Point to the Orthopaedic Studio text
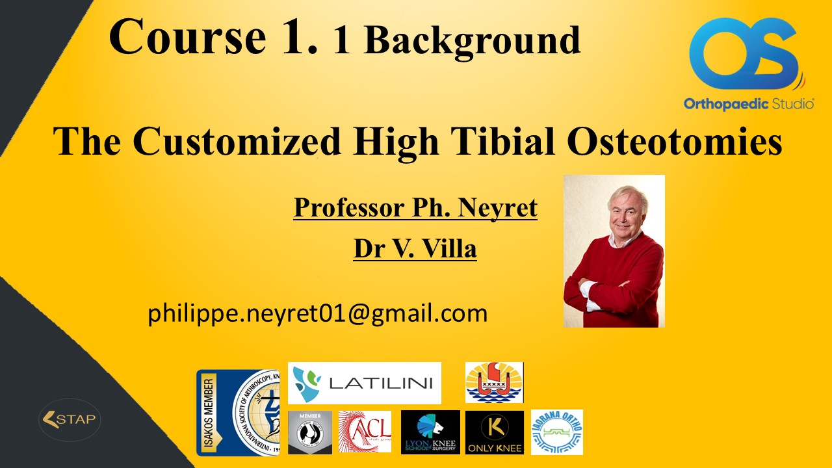(x=748, y=104)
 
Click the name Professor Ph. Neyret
(x=415, y=208)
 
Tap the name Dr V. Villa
(x=415, y=248)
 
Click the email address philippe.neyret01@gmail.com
(x=317, y=314)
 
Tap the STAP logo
(x=69, y=419)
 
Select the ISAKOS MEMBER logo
(x=237, y=413)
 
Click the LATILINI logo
(x=364, y=383)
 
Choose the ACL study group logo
(x=365, y=432)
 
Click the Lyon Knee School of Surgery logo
(x=430, y=432)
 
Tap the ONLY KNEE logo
(x=494, y=432)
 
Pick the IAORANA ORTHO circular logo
(x=556, y=432)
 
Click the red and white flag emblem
(x=494, y=382)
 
